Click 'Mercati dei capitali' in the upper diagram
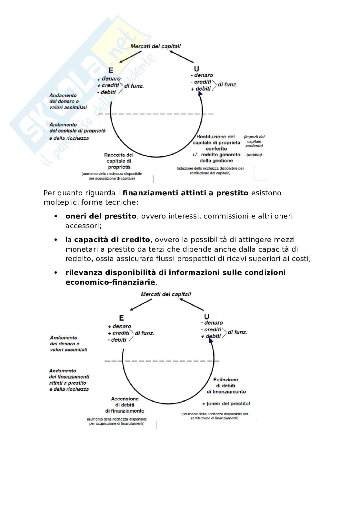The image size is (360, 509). (155, 46)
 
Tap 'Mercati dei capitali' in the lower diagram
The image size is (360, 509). (166, 294)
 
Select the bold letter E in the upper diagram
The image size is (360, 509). (111, 71)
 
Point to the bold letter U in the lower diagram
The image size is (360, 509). (206, 317)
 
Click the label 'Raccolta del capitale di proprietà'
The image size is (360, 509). (119, 161)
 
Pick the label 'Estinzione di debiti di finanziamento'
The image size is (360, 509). (226, 386)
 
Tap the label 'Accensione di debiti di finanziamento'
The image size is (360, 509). (125, 405)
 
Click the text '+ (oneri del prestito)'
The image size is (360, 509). (226, 404)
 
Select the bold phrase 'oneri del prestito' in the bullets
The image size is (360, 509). (101, 216)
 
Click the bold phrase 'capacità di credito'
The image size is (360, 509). (112, 240)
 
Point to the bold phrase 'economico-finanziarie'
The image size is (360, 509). (110, 282)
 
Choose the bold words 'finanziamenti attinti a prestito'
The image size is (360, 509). (185, 193)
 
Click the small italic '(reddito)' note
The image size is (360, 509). (254, 155)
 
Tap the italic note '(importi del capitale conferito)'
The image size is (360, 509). (254, 141)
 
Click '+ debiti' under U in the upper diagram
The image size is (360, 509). (201, 89)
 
